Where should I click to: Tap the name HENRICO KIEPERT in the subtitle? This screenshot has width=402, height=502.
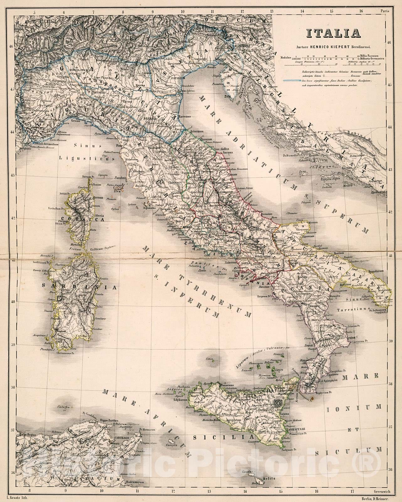coord(329,46)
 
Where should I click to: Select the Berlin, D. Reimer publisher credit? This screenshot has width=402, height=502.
coord(376,498)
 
